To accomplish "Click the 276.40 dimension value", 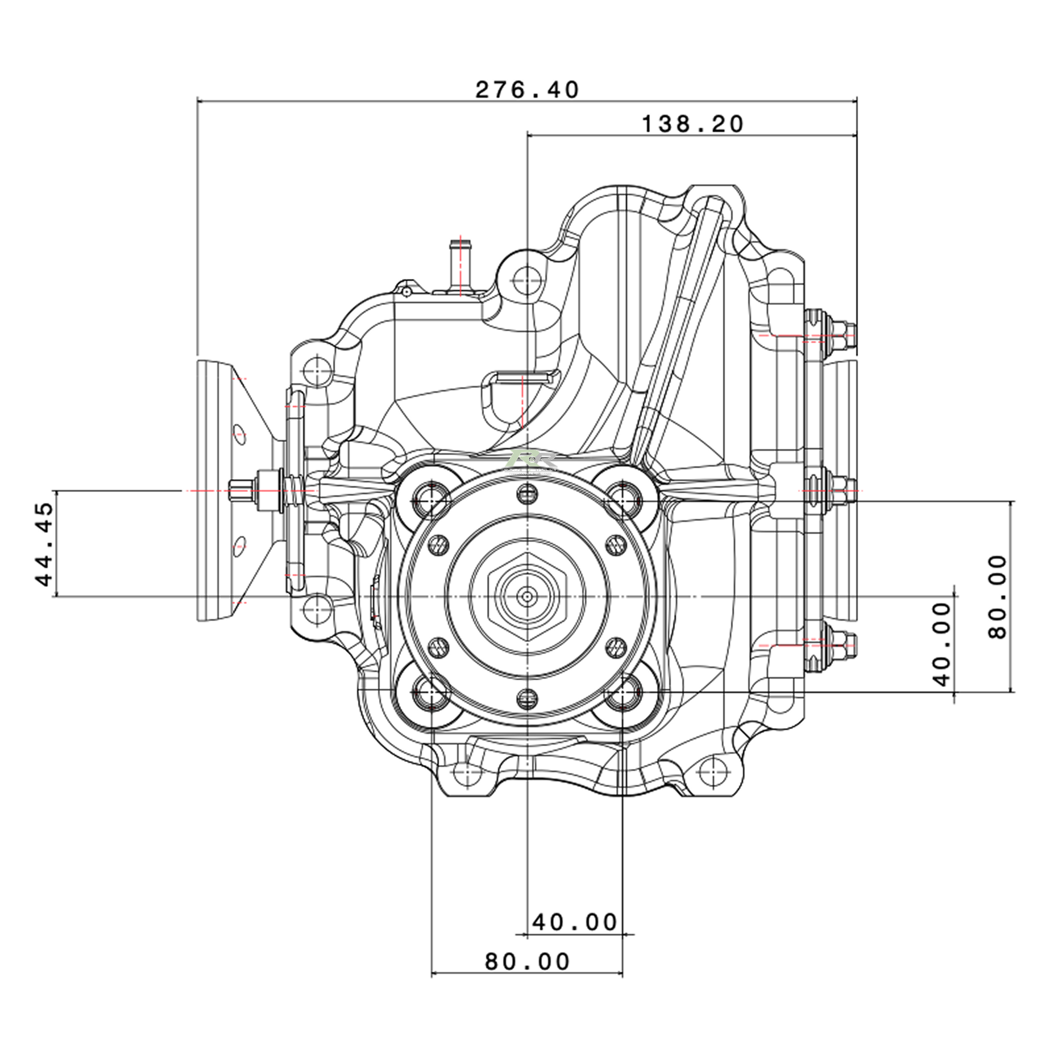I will click(527, 90).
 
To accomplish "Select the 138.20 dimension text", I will click(692, 124).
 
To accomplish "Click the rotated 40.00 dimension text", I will click(941, 644).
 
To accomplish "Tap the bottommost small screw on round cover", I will click(527, 699).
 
